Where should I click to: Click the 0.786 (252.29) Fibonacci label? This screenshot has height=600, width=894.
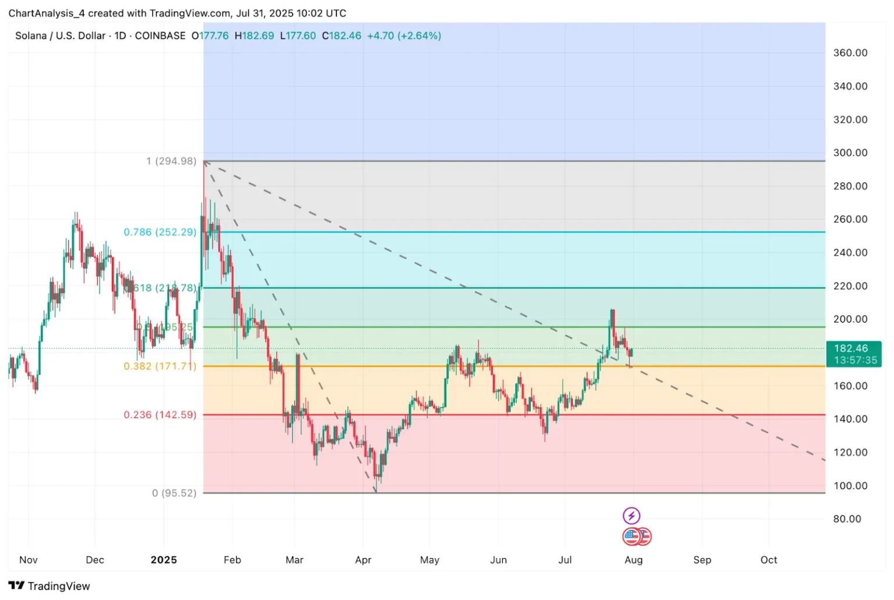[x=160, y=232]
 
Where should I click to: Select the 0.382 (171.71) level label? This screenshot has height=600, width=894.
[x=160, y=366]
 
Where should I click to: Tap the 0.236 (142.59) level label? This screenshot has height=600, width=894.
[x=160, y=415]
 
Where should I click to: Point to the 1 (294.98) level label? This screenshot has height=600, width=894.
[x=171, y=161]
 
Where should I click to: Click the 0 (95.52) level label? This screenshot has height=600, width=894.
[x=174, y=493]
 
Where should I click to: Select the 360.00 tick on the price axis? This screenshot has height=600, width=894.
[x=850, y=53]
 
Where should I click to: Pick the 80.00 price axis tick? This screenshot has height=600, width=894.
[x=847, y=519]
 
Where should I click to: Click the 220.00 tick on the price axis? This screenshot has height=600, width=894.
[x=850, y=286]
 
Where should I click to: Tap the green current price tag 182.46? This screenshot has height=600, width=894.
[x=853, y=354]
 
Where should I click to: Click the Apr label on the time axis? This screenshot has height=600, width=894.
[x=363, y=560]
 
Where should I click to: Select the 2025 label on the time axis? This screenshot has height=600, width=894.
[x=164, y=560]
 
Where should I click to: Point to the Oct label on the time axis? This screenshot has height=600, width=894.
[x=768, y=560]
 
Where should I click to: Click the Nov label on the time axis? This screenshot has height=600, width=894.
[x=29, y=560]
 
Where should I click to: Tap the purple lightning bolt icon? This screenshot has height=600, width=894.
[x=632, y=516]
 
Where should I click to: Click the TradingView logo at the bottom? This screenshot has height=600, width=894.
[x=49, y=586]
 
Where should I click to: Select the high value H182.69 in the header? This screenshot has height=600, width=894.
[x=254, y=36]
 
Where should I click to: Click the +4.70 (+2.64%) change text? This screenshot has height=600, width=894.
[x=404, y=36]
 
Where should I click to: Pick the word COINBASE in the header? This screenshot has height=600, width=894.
[x=160, y=36]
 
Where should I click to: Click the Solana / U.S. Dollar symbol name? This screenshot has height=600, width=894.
[x=61, y=36]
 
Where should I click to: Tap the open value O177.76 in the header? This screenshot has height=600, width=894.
[x=210, y=36]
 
